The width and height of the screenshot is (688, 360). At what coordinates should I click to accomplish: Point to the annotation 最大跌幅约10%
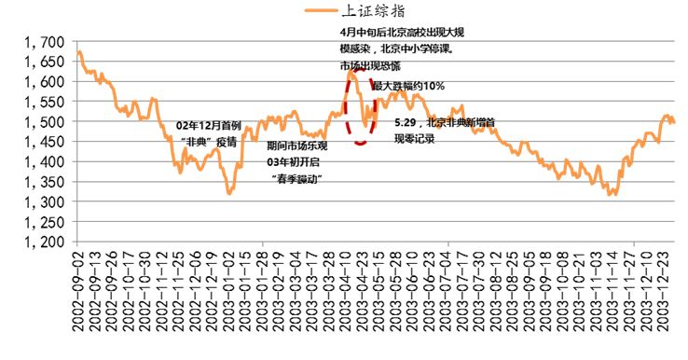(409, 86)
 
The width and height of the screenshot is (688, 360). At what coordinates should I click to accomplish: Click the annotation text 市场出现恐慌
(369, 67)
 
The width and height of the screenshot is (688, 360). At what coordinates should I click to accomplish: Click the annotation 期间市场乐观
(297, 146)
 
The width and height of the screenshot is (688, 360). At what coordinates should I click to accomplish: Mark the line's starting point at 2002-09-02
(79, 52)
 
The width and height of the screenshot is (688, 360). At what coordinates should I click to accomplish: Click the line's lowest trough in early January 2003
(228, 193)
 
